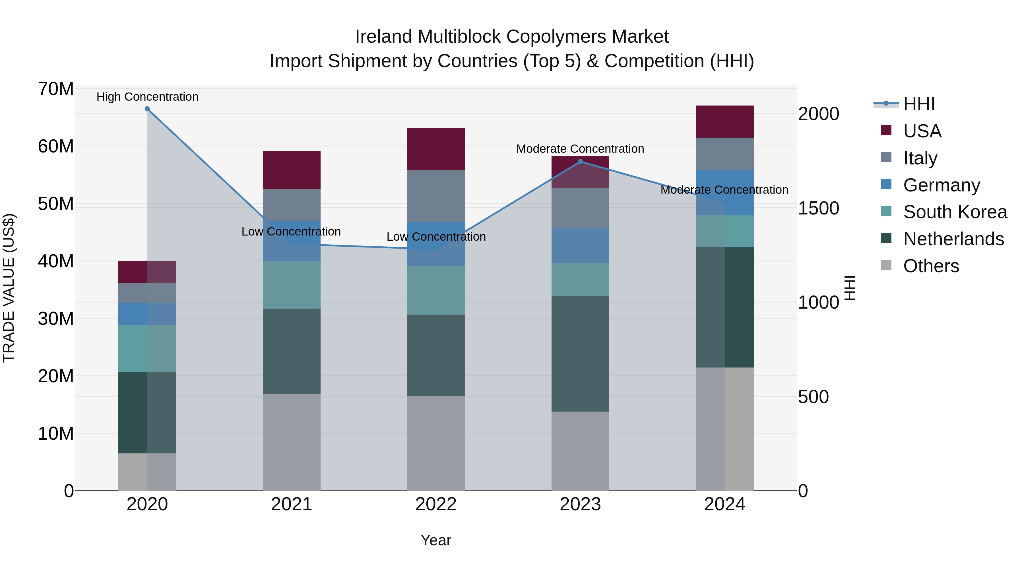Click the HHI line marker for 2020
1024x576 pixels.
coord(147,109)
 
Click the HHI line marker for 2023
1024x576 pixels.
coord(580,161)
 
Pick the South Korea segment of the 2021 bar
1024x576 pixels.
coord(291,285)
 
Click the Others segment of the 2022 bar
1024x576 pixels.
coord(436,443)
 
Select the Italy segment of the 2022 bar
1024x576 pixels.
coord(436,196)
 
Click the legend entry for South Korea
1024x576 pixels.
coord(955,212)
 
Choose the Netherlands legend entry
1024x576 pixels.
coord(953,239)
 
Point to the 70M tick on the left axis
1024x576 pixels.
coord(56,89)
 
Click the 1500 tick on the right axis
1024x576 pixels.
coord(818,208)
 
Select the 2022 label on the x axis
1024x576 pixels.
coord(436,504)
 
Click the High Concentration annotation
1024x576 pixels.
coord(147,97)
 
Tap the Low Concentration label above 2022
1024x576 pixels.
coord(436,237)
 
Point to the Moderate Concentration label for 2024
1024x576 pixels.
coord(724,190)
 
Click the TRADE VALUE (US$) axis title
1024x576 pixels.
coord(9,288)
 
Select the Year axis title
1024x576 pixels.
coord(436,540)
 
